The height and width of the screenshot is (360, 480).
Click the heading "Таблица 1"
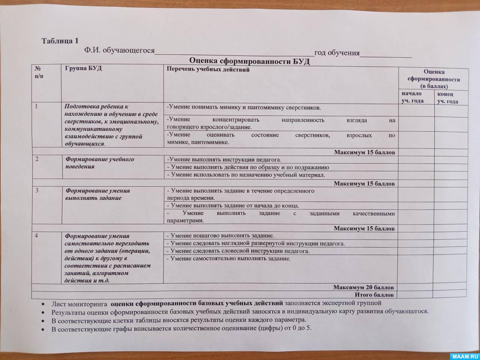(60, 41)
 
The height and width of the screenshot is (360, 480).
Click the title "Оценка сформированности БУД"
(249, 61)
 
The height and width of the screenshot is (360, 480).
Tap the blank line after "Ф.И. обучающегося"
(234, 52)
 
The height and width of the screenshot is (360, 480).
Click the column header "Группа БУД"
(83, 69)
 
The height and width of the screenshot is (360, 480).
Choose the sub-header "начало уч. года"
(412, 97)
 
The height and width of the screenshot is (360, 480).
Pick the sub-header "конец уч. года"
(447, 98)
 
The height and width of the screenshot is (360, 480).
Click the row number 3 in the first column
(37, 190)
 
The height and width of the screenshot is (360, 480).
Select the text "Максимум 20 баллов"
(363, 287)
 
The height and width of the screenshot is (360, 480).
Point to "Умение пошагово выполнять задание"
(220, 236)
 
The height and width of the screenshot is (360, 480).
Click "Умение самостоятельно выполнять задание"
(229, 258)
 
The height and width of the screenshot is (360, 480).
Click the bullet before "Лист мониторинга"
(45, 303)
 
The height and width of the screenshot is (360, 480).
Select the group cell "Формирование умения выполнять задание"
(97, 194)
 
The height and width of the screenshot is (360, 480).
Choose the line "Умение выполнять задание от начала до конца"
(232, 205)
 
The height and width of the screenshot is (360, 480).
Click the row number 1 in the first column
(37, 106)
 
